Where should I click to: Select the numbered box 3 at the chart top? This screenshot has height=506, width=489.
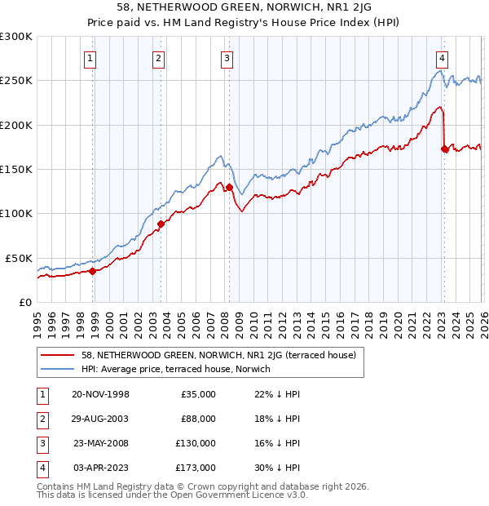click(226, 58)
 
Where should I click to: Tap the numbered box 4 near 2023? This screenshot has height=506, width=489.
click(441, 58)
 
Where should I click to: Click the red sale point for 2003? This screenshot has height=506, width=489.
click(161, 224)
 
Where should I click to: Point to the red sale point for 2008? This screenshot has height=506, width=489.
click(229, 187)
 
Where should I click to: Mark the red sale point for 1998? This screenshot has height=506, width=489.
click(92, 271)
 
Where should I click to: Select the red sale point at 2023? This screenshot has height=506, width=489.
click(444, 149)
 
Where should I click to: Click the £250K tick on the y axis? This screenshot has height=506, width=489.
click(16, 81)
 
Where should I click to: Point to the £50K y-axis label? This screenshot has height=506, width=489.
click(19, 258)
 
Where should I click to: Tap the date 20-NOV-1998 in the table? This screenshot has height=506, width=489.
click(100, 394)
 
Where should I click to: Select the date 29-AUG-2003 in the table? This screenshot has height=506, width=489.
click(100, 419)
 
